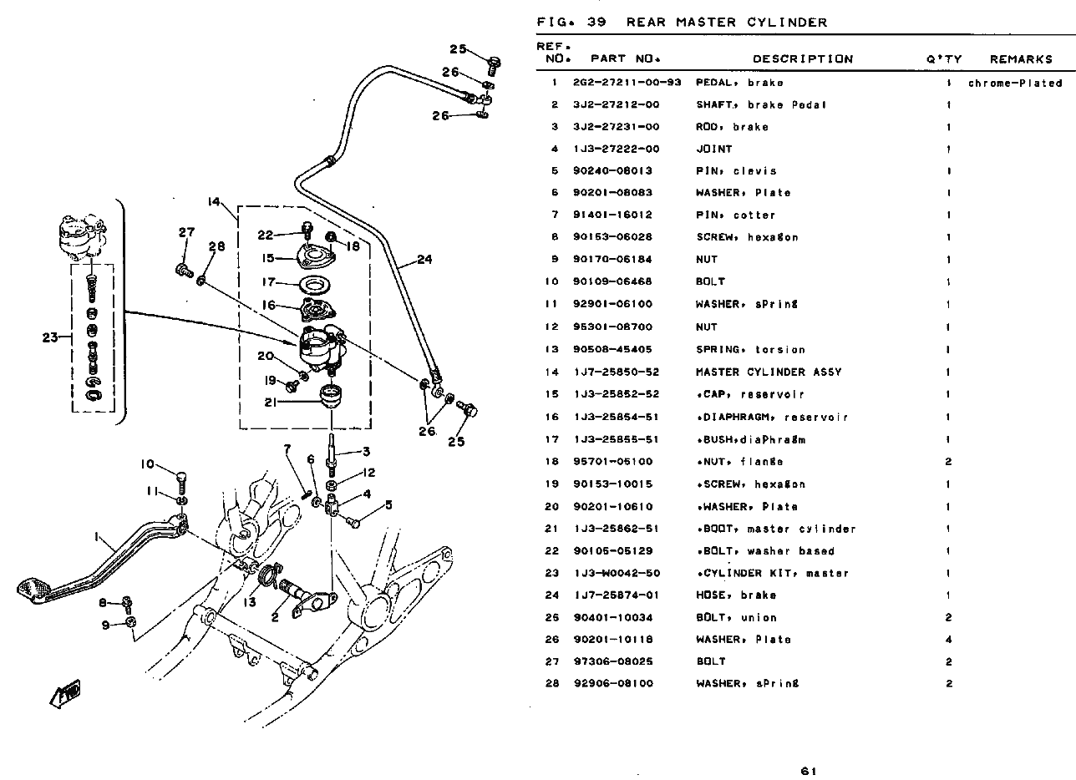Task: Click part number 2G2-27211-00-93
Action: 627,83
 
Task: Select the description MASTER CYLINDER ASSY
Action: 769,372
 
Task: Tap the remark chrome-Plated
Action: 1015,83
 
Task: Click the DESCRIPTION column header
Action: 803,59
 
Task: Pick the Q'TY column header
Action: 944,59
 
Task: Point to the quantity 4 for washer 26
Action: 949,640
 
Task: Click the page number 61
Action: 808,771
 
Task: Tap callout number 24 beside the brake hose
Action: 424,260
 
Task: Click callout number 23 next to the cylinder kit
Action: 51,338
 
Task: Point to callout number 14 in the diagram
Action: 215,202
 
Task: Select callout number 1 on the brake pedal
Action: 97,536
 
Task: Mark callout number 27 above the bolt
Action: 185,233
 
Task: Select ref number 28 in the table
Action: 552,683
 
